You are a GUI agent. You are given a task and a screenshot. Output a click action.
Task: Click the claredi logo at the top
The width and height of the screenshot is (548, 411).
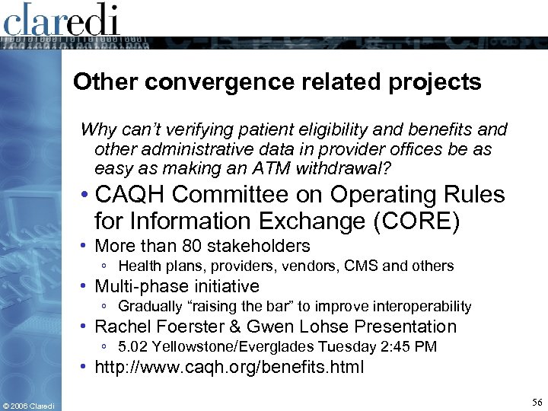[x=62, y=19]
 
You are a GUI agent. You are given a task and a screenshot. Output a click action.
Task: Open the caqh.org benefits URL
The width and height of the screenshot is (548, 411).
[x=229, y=368]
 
